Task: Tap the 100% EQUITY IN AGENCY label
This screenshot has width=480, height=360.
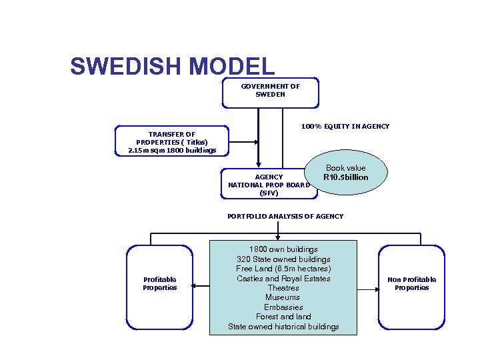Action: (345, 127)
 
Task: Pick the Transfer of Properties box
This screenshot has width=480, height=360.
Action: (172, 141)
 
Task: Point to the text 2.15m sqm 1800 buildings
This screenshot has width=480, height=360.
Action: (172, 150)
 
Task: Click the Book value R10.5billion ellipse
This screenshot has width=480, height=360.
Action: (345, 173)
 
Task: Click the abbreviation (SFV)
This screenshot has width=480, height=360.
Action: (269, 193)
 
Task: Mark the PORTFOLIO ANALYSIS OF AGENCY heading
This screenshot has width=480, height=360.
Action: (285, 216)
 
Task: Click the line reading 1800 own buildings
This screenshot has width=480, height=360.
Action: (283, 249)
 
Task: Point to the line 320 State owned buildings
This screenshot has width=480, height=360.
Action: (283, 259)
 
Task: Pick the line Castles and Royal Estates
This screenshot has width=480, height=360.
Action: (283, 278)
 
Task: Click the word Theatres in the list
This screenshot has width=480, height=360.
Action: (283, 288)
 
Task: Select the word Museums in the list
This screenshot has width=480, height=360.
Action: (283, 297)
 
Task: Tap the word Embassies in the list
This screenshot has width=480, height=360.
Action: (283, 307)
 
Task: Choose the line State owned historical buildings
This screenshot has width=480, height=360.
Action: (283, 327)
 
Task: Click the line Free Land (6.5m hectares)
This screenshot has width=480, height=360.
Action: (283, 269)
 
